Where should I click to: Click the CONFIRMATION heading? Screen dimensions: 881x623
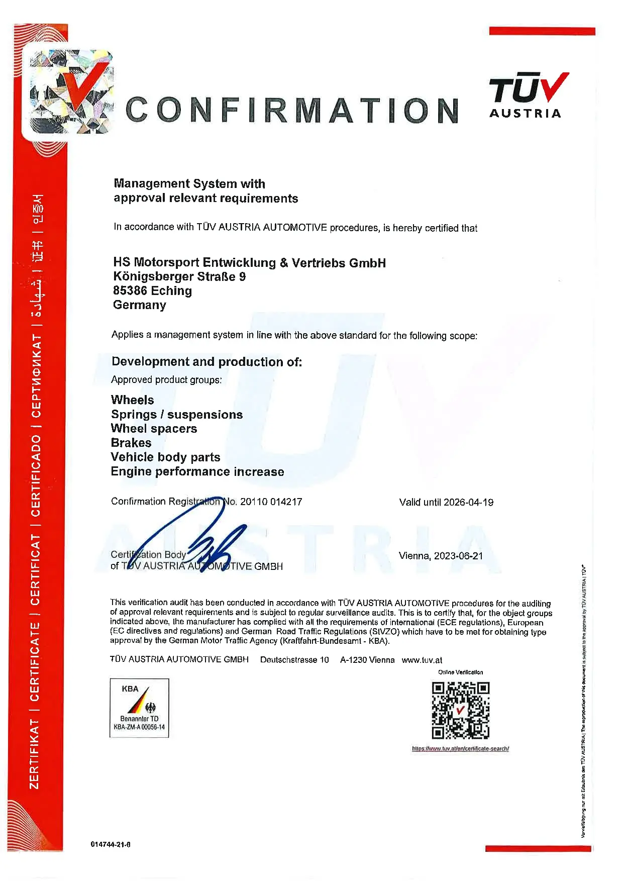pyautogui.click(x=291, y=110)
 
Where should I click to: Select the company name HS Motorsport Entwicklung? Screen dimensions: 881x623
pyautogui.click(x=249, y=262)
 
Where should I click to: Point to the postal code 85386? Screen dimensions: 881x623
pyautogui.click(x=130, y=290)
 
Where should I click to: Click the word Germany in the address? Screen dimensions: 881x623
pyautogui.click(x=139, y=305)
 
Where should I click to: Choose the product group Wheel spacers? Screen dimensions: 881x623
pyautogui.click(x=154, y=429)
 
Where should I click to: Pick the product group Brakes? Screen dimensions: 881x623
pyautogui.click(x=131, y=443)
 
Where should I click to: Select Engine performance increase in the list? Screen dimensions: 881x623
pyautogui.click(x=197, y=471)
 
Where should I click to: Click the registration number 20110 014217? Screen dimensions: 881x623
pyautogui.click(x=271, y=502)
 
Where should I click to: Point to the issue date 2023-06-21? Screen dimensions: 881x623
pyautogui.click(x=458, y=556)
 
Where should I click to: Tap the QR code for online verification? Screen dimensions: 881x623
pyautogui.click(x=460, y=710)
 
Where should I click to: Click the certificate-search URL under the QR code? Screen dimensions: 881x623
pyautogui.click(x=460, y=749)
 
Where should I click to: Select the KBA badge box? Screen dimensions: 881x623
pyautogui.click(x=139, y=708)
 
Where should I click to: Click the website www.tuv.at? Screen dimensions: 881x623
pyautogui.click(x=422, y=660)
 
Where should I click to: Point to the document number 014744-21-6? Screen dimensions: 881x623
pyautogui.click(x=111, y=844)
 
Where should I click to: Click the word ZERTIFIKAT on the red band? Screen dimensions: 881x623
pyautogui.click(x=35, y=753)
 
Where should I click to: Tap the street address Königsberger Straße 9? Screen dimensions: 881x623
pyautogui.click(x=179, y=276)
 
